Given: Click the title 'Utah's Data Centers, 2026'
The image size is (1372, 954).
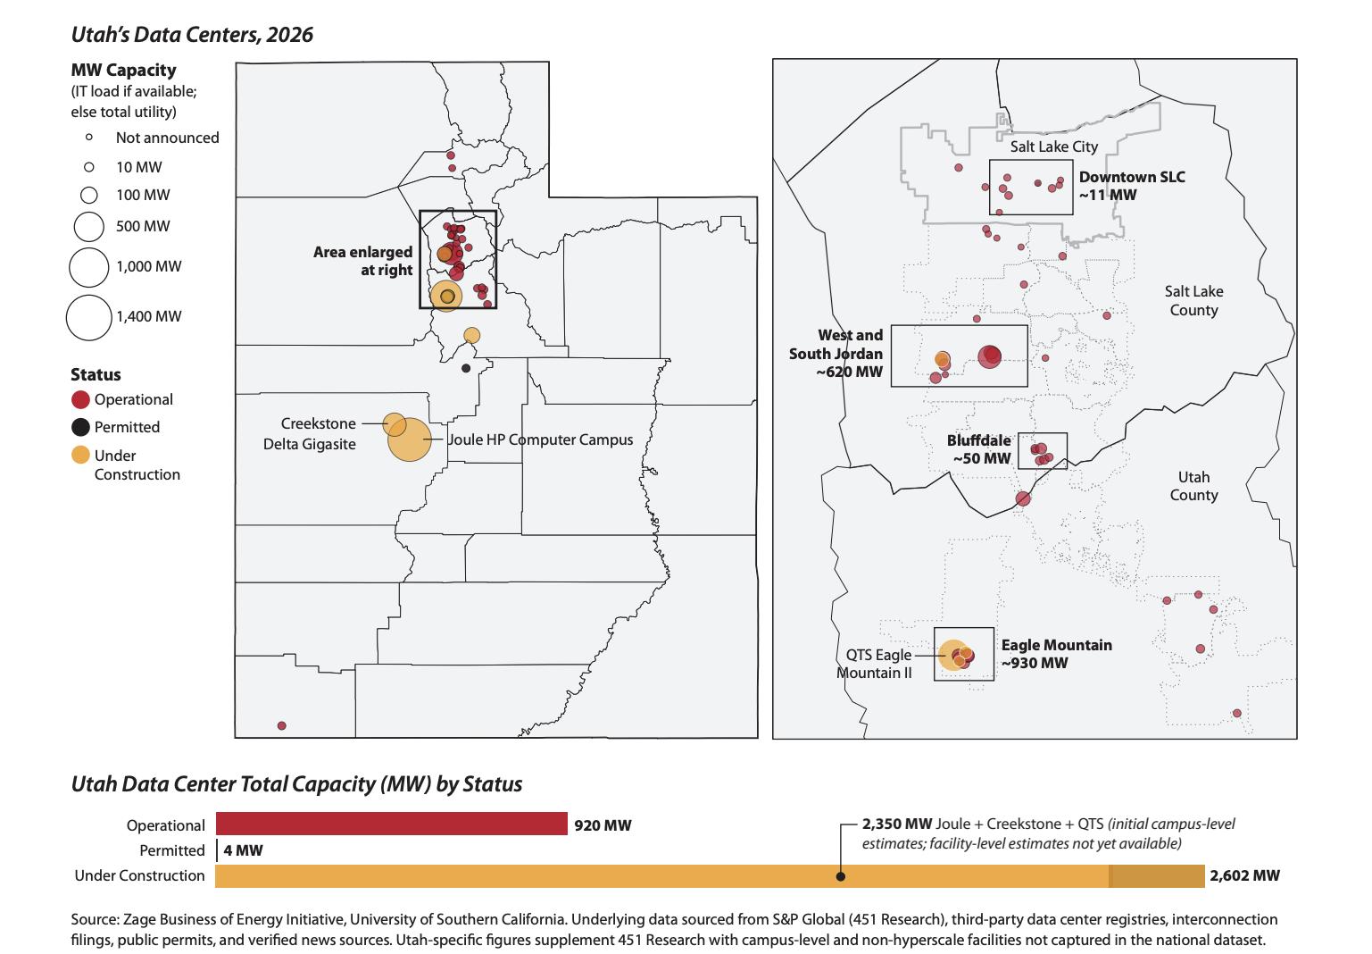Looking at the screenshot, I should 192,35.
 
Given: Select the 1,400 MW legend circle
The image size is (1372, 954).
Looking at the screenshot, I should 89,317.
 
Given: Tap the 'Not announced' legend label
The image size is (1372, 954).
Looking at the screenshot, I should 167,138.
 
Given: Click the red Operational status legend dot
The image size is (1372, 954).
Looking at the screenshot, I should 80,399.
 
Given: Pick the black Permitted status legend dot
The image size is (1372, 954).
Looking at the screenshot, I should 80,427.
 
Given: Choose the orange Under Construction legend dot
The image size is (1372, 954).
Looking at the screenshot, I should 80,455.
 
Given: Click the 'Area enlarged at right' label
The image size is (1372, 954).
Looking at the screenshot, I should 363,261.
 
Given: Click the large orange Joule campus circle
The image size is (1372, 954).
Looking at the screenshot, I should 410,439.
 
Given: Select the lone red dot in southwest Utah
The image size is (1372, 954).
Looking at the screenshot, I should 282,726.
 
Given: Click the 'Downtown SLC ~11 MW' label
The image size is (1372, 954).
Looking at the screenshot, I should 1131,186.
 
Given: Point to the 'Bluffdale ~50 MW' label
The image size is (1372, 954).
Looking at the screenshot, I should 979,449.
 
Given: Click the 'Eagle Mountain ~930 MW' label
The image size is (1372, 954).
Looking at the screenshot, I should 1056,654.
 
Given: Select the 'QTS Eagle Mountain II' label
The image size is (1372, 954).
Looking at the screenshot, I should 877,664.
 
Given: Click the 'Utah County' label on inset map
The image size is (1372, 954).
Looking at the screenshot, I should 1193,486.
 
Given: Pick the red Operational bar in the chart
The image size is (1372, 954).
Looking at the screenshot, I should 391,824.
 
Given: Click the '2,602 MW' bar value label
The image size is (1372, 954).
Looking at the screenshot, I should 1244,876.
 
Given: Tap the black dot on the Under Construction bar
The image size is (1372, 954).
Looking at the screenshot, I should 840,877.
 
